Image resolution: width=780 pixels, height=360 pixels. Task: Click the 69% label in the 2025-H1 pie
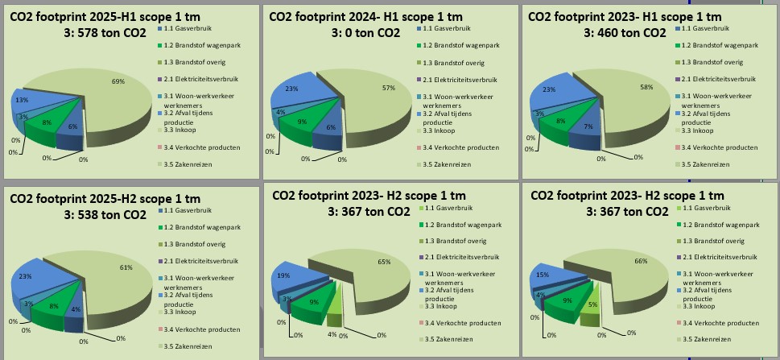pos(118,81)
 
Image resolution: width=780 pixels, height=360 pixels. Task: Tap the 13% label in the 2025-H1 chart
pos(22,100)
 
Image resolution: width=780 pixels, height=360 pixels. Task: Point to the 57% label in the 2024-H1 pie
pos(389,88)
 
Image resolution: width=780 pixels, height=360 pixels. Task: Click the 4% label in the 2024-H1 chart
pos(281,112)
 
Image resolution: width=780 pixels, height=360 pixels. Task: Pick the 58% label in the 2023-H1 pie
pos(646,87)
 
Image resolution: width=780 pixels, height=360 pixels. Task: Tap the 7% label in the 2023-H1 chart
pos(588,127)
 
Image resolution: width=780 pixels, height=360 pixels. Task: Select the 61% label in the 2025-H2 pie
pos(126,267)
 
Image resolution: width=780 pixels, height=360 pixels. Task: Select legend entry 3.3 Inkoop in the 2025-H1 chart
pos(178,130)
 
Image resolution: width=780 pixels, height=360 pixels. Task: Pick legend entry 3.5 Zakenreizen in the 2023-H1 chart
pos(703,164)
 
